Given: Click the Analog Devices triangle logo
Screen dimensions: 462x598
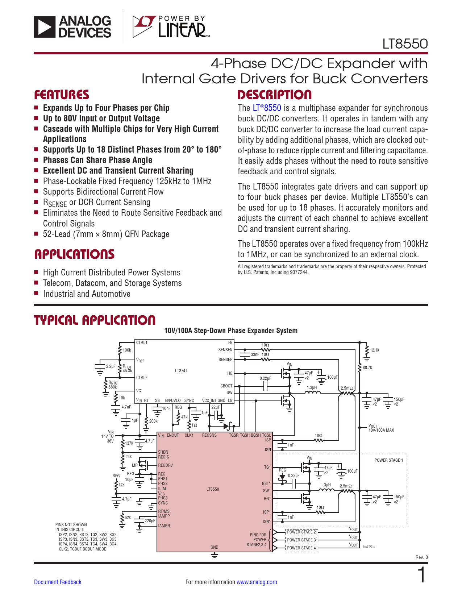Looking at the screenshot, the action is tap(45, 27).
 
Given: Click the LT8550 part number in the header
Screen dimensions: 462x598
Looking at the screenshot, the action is tap(405, 44).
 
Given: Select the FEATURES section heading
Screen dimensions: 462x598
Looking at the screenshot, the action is tap(62, 95).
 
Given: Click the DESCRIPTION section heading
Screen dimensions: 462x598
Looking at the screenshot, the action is tap(274, 95).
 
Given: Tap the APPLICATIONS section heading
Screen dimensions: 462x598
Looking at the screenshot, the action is tap(74, 254).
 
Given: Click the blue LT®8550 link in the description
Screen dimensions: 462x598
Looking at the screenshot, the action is tap(267, 108).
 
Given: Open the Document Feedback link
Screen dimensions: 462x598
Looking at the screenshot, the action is tap(58, 582).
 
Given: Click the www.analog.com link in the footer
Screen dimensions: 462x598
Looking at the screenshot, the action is tap(257, 582).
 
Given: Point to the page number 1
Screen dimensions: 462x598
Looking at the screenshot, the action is tap(422, 574).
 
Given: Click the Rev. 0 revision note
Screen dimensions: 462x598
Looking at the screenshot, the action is tap(421, 557).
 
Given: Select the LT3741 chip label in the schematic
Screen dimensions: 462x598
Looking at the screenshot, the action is tap(181, 371).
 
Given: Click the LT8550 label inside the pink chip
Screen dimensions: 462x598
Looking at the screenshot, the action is tap(213, 489).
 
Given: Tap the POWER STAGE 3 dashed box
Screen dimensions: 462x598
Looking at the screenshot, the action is tap(301, 540).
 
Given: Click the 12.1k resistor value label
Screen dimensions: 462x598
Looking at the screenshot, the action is tap(375, 350).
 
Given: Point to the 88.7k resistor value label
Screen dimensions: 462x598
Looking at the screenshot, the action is tap(367, 367).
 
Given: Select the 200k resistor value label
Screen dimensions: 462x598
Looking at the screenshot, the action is tap(153, 421).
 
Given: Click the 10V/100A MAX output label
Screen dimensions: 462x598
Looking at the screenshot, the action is tap(381, 430).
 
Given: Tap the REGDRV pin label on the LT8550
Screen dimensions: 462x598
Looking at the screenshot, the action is tap(165, 465).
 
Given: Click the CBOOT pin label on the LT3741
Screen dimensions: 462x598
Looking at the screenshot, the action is tap(226, 386).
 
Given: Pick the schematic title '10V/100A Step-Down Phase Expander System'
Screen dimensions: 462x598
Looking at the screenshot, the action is tap(230, 331).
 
